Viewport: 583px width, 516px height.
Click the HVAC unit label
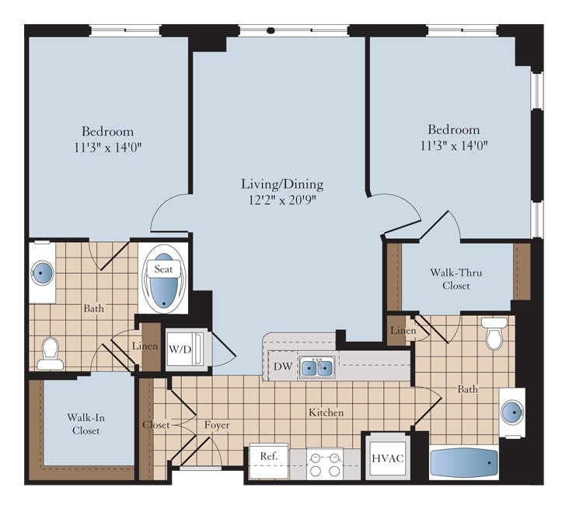point(388,458)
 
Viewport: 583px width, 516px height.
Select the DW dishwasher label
point(283,367)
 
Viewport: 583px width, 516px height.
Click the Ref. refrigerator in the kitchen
point(268,461)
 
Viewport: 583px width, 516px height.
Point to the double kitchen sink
point(317,368)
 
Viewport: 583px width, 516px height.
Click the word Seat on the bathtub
point(163,269)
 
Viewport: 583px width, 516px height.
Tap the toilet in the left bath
point(50,353)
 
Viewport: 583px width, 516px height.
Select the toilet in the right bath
point(494,333)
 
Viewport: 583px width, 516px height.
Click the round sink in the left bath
point(43,273)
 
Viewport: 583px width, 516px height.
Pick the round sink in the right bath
point(512,412)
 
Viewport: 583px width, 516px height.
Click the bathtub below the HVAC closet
point(464,462)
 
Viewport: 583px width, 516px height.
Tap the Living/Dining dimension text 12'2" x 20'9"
point(282,200)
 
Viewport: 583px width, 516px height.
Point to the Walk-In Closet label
point(86,424)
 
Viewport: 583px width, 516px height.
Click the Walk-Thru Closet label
point(456,279)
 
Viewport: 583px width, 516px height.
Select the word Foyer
point(217,425)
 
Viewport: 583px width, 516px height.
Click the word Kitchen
point(326,412)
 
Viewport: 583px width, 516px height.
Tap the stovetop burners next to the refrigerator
point(325,464)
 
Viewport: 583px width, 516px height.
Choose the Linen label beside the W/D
point(145,346)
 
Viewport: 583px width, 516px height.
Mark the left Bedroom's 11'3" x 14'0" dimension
point(108,148)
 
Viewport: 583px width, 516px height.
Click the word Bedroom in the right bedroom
point(454,129)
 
